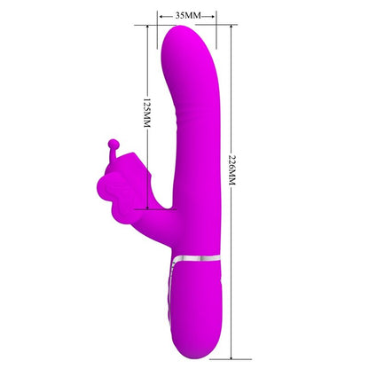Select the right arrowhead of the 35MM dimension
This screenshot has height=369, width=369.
(x=214, y=16)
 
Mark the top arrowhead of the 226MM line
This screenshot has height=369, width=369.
(x=232, y=27)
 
